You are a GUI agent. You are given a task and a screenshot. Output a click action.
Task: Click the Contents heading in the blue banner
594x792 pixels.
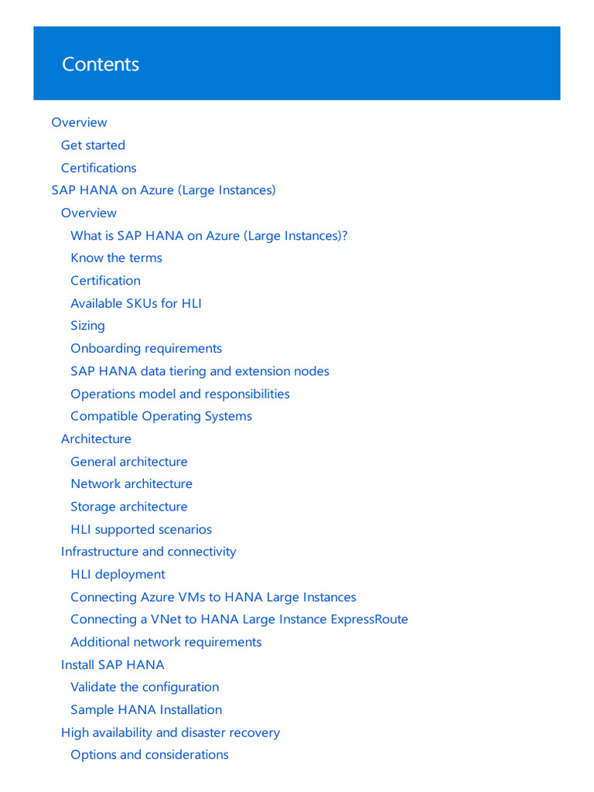(101, 64)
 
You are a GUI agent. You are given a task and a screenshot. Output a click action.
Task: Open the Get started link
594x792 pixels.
(93, 145)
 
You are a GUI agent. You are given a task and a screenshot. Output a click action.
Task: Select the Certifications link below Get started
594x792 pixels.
(98, 168)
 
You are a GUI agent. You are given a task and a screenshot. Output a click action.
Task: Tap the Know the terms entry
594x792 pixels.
(116, 258)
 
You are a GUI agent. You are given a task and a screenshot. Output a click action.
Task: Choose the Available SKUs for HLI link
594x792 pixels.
(135, 303)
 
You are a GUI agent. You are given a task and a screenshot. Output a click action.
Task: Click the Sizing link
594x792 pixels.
(87, 326)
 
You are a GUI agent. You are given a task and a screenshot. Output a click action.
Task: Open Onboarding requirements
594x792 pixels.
(146, 349)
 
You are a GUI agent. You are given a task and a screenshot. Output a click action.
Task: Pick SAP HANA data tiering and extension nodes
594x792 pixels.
(200, 371)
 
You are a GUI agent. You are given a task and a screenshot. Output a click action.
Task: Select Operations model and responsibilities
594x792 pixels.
(180, 394)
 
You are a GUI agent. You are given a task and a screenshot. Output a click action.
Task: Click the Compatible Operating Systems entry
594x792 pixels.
(161, 416)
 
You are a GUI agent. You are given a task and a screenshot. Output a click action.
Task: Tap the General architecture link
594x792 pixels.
(128, 462)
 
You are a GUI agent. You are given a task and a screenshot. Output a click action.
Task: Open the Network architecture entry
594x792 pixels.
(131, 484)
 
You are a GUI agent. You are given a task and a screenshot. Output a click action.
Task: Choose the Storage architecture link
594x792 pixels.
(128, 507)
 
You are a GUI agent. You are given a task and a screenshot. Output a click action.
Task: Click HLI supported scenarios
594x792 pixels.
(141, 530)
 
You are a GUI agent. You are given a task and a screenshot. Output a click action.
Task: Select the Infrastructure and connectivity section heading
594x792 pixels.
(148, 552)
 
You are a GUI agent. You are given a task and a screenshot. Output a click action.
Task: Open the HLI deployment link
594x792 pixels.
(118, 575)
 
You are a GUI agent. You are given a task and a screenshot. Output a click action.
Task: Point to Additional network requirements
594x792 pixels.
(166, 642)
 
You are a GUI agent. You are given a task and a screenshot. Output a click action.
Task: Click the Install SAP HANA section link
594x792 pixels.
(112, 665)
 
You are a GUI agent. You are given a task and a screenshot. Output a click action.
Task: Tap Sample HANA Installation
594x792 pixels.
(146, 710)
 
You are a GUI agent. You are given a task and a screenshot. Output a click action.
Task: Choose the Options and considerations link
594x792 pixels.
(149, 755)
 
